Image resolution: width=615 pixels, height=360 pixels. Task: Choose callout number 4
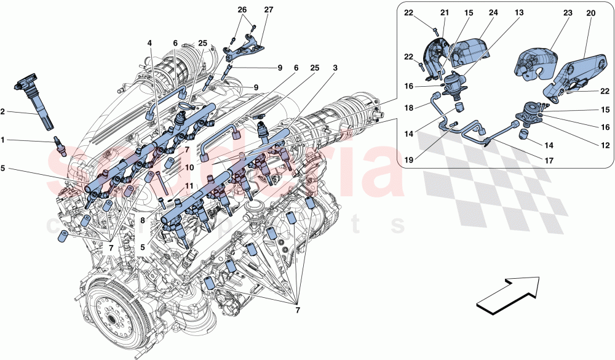pos(149,43)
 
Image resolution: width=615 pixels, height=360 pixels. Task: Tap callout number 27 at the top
pos(268,10)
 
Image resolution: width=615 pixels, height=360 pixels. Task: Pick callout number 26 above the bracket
pos(241,10)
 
